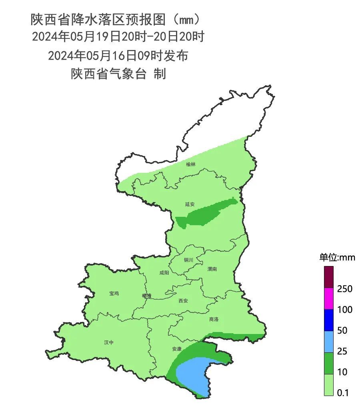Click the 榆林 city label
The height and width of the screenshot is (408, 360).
(x=191, y=164)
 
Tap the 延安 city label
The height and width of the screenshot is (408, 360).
(x=190, y=204)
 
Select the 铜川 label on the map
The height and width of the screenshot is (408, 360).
(x=188, y=260)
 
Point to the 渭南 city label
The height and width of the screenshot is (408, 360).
(x=212, y=269)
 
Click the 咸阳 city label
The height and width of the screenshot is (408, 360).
(x=164, y=273)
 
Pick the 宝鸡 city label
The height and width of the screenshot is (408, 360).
(x=114, y=293)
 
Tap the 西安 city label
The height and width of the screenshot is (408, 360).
(x=183, y=301)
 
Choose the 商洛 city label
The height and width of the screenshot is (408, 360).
(x=214, y=319)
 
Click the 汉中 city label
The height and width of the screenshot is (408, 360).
(x=108, y=342)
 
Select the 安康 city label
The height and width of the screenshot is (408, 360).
(x=177, y=349)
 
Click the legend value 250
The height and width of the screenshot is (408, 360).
(x=344, y=289)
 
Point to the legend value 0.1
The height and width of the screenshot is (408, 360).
(x=343, y=393)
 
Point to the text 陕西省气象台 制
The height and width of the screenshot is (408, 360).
(x=118, y=74)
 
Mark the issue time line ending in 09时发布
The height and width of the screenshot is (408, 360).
(x=118, y=56)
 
